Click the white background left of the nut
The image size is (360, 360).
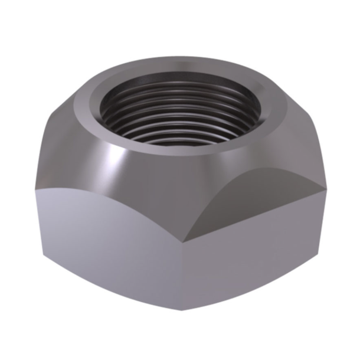coord(18,177)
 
